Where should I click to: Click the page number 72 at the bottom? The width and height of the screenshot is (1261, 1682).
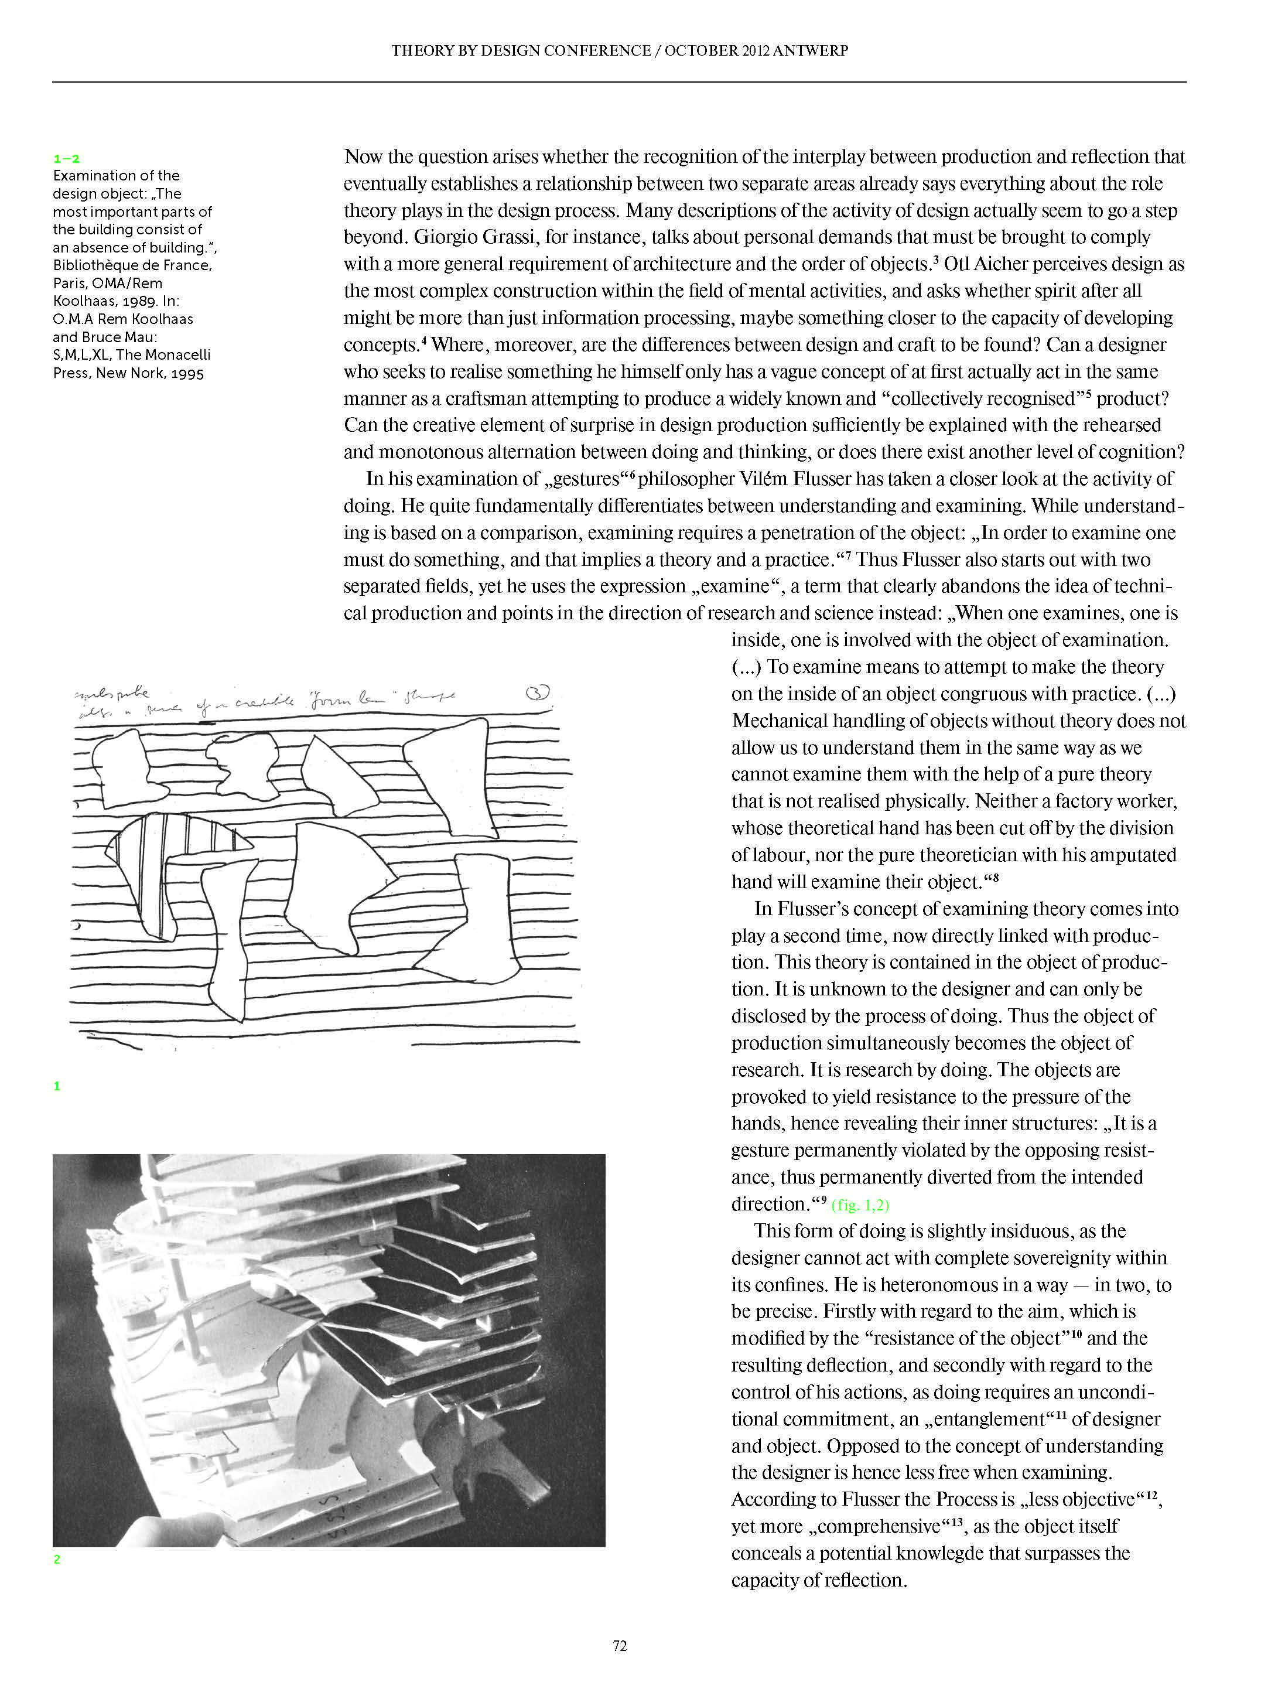pyautogui.click(x=620, y=1646)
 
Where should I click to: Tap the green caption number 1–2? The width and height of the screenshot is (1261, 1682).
pyautogui.click(x=66, y=158)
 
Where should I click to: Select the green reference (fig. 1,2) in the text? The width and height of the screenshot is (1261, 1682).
pyautogui.click(x=860, y=1205)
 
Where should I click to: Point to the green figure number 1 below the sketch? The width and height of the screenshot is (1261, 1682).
pyautogui.click(x=57, y=1086)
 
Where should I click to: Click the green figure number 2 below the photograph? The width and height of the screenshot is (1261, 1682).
pyautogui.click(x=57, y=1560)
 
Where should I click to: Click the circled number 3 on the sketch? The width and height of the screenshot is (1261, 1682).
pyautogui.click(x=538, y=692)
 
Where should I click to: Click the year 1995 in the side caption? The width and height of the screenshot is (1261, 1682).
pyautogui.click(x=187, y=373)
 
